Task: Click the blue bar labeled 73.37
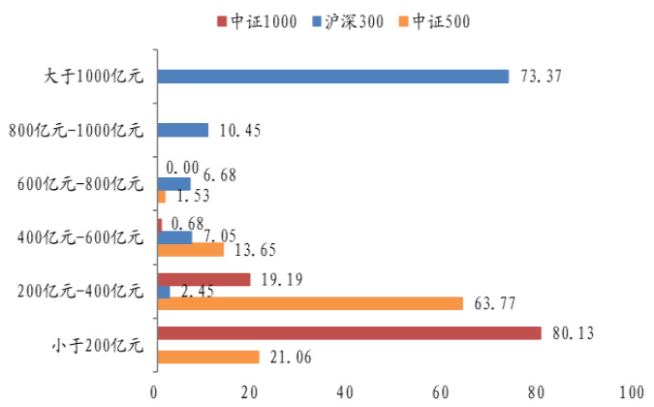point(332,76)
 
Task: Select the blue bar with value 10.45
point(182,129)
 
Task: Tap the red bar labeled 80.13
point(349,332)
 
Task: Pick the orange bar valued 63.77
point(310,303)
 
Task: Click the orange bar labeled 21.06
point(207,357)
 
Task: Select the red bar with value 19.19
point(202,279)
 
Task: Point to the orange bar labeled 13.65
point(190,249)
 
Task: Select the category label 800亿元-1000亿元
point(76,129)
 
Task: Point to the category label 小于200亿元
point(95,344)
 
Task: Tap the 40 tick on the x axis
point(346,391)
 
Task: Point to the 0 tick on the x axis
point(155,391)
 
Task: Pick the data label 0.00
point(183,167)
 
